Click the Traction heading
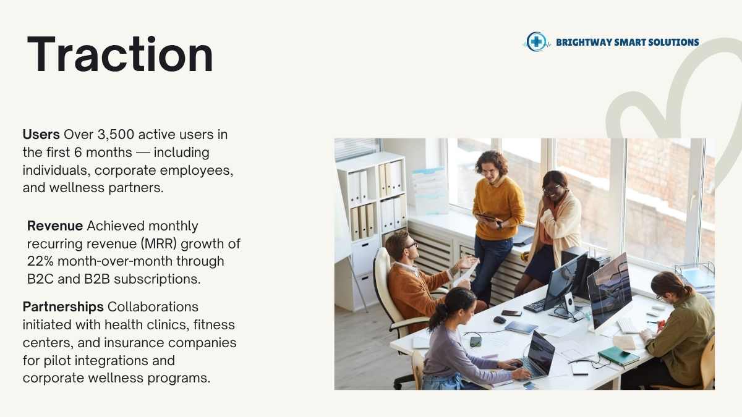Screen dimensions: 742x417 point(120,54)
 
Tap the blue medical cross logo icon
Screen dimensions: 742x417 point(536,42)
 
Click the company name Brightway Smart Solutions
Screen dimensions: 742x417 point(628,43)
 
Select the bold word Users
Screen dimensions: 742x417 point(41,135)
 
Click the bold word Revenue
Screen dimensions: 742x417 point(55,225)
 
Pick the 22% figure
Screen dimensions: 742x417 point(40,261)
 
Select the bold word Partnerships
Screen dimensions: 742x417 point(63,307)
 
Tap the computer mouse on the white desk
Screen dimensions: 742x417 point(499,320)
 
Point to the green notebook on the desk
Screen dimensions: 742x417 point(618,356)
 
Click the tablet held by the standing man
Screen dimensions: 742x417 point(488,217)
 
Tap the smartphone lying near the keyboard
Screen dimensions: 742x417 point(511,313)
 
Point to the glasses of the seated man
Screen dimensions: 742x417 point(412,245)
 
